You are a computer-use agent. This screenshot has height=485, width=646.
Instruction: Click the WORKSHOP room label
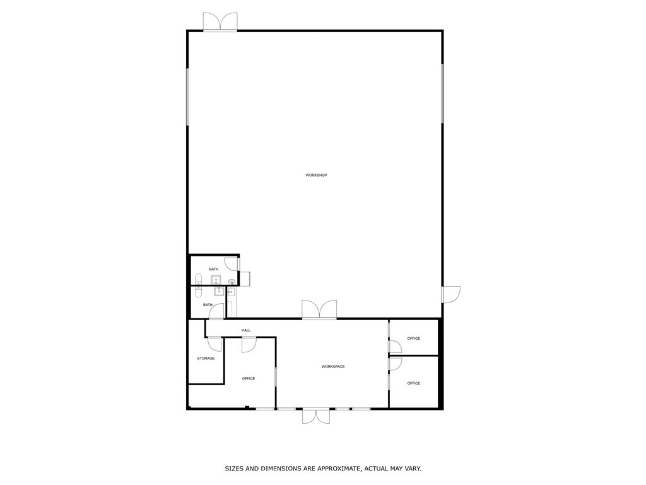tap(316, 175)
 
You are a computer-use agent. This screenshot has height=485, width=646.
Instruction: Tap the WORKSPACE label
tap(333, 366)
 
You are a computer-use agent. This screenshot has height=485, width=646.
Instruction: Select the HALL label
tap(246, 330)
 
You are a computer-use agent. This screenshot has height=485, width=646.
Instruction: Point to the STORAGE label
tap(206, 358)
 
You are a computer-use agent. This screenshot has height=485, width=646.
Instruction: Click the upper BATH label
tap(214, 269)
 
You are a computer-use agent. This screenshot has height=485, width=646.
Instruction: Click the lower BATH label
tap(208, 305)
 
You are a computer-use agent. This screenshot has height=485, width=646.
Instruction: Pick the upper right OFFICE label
tap(413, 338)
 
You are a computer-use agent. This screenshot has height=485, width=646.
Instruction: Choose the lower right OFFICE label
tap(413, 383)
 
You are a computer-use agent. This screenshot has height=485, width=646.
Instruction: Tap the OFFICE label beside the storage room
tap(249, 378)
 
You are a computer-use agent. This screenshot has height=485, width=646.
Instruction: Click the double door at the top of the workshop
tap(220, 21)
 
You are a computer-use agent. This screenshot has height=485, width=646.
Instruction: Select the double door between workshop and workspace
tap(319, 309)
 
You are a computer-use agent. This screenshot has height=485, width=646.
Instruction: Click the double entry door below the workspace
tap(315, 416)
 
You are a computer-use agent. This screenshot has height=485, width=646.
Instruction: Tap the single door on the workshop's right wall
tap(450, 294)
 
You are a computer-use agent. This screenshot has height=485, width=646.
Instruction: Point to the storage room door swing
tap(215, 344)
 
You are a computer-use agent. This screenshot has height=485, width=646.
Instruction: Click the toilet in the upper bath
tap(198, 279)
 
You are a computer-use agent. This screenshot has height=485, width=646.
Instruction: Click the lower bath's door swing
tap(216, 310)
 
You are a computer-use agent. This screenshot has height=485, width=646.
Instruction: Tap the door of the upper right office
tap(395, 347)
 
